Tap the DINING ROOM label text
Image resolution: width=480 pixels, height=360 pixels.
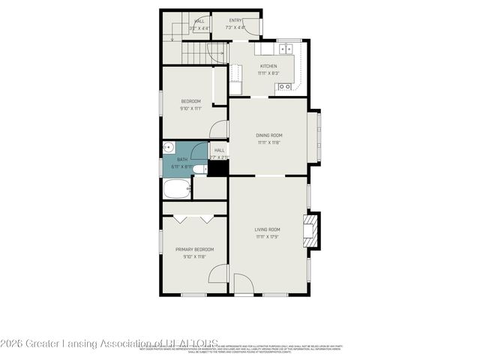268,135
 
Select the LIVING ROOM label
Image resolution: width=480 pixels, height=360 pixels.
267,229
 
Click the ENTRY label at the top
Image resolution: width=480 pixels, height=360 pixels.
235,20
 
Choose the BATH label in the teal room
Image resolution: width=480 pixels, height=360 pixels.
182,159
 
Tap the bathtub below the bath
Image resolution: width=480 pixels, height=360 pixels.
177,188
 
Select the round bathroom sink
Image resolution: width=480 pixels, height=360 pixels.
169,148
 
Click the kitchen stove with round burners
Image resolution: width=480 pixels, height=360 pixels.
285,87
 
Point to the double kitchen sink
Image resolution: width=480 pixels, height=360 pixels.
286,49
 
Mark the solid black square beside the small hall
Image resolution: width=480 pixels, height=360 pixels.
217,169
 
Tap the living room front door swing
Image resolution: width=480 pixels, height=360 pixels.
244,283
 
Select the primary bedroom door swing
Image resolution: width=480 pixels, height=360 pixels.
218,274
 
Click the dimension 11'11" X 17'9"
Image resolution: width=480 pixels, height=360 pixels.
267,237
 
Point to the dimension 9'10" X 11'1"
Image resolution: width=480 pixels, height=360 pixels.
191,109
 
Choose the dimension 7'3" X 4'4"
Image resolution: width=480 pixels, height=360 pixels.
235,28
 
